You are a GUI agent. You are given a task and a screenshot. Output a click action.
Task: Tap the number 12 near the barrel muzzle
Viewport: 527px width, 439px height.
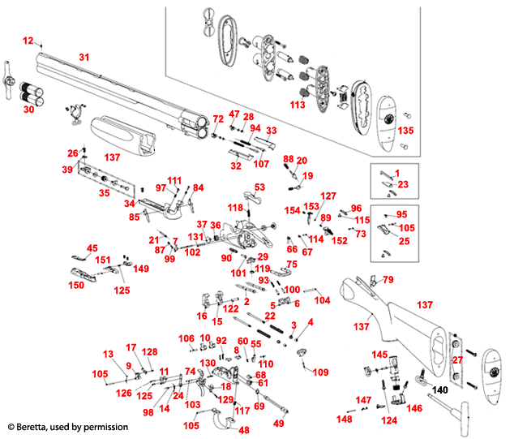(x=28, y=40)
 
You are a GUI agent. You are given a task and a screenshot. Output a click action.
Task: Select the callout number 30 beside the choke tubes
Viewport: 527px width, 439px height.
(x=28, y=108)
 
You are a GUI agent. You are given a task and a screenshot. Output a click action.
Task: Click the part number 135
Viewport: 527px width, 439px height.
(x=405, y=131)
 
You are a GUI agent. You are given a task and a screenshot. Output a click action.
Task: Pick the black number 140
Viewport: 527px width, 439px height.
(x=440, y=390)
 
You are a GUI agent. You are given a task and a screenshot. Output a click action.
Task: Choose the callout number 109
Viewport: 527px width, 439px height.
(x=321, y=372)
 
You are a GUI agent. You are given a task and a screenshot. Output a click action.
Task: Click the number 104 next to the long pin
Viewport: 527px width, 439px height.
(x=322, y=299)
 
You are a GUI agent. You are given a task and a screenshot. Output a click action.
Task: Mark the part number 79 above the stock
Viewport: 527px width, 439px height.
(x=388, y=280)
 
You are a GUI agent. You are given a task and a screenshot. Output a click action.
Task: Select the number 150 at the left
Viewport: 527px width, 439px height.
(x=75, y=286)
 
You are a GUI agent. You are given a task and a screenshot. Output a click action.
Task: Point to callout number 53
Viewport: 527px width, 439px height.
(x=259, y=187)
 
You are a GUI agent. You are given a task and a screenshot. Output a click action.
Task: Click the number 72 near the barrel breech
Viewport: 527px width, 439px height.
(x=218, y=119)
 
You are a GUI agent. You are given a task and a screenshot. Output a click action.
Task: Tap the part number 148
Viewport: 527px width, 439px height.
(x=345, y=419)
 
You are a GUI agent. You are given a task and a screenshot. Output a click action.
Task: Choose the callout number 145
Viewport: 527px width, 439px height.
(x=379, y=355)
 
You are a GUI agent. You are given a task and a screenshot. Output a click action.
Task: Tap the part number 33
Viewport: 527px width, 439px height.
(x=272, y=130)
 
